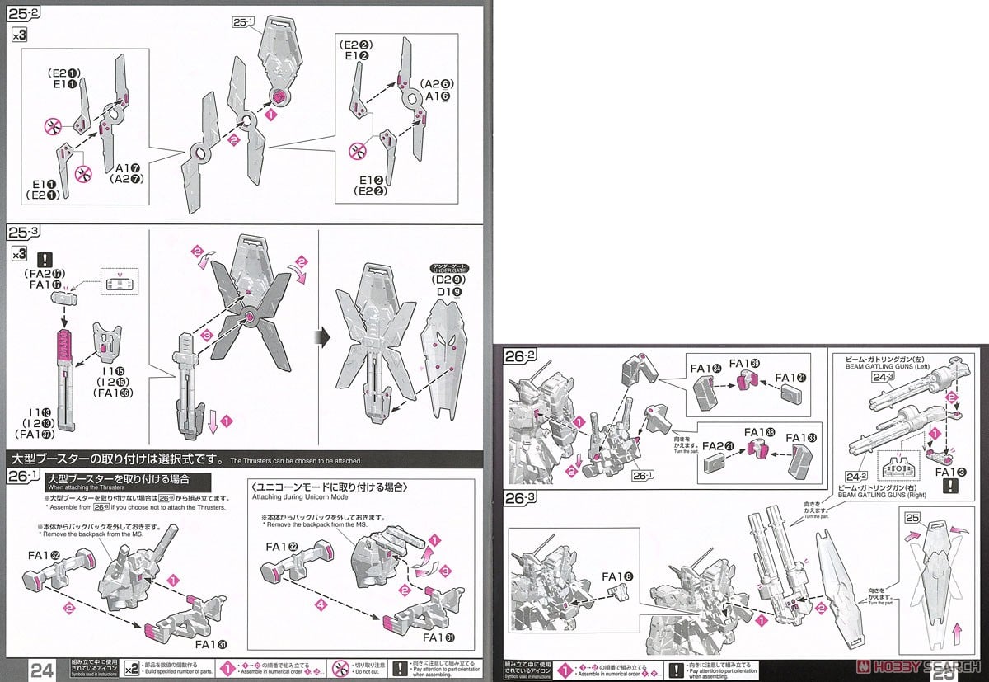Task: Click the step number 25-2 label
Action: point(26,13)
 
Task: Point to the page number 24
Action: point(42,669)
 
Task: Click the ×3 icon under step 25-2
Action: point(19,36)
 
